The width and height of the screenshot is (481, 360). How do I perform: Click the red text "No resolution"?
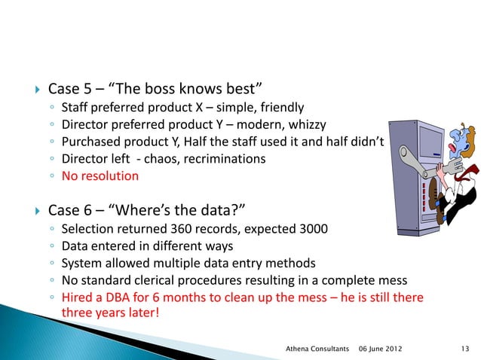coord(100,176)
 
